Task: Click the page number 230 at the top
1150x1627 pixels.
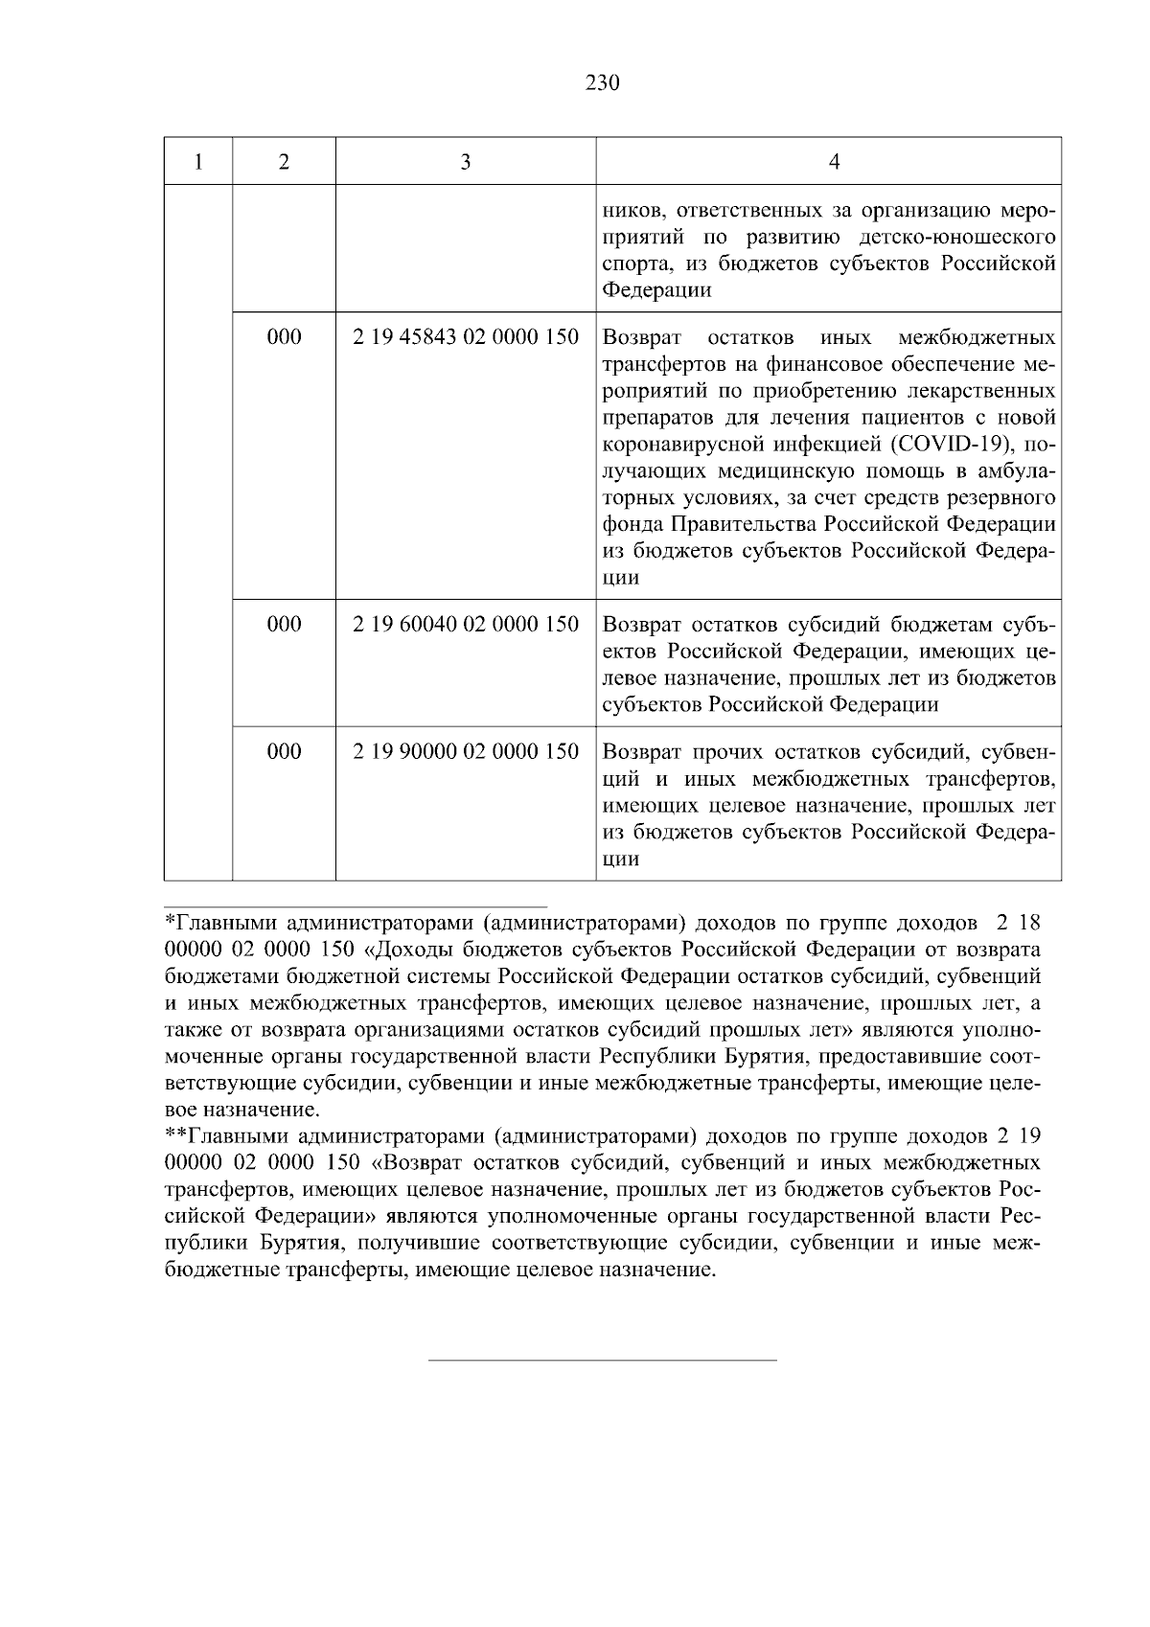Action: tap(603, 83)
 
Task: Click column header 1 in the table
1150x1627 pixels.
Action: tap(197, 162)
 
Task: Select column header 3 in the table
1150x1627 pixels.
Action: tap(465, 162)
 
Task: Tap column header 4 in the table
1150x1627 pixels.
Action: tap(833, 162)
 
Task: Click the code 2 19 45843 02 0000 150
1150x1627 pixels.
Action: tap(465, 337)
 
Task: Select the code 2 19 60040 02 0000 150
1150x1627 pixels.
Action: tap(465, 625)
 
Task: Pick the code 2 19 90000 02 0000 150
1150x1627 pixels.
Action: tap(465, 751)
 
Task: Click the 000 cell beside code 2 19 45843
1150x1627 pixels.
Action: tap(284, 337)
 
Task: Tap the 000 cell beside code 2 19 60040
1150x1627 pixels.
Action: tap(284, 625)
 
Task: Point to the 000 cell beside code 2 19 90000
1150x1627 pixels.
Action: tap(284, 751)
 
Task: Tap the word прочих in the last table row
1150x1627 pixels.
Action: tap(724, 751)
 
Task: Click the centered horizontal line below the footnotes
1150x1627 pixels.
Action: tap(602, 1360)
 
